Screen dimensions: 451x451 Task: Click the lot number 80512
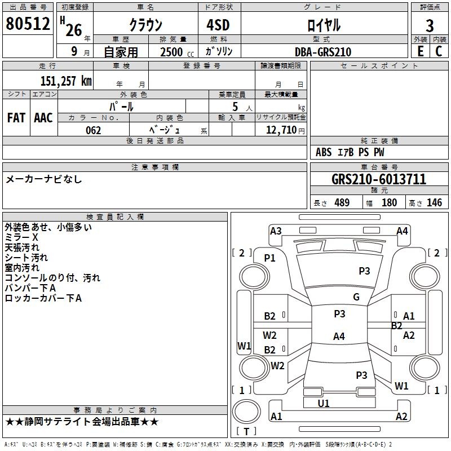pos(28,23)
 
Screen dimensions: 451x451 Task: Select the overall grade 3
pos(430,25)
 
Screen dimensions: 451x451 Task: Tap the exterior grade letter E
pos(421,51)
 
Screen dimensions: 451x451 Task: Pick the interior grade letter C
pos(439,51)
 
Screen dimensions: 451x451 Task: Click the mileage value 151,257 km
pos(66,81)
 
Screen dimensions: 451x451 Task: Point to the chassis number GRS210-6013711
pos(379,179)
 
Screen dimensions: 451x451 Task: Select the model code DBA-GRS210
pos(323,52)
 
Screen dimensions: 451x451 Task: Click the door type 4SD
pos(218,25)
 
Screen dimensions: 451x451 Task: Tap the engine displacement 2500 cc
pos(177,52)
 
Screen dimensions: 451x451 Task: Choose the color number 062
pos(94,130)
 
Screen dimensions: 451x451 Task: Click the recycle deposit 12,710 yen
pos(285,130)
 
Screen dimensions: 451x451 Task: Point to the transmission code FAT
pos(16,118)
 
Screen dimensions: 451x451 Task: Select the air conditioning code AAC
pos(43,118)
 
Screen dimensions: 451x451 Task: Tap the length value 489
pos(342,202)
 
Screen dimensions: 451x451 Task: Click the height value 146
pos(434,202)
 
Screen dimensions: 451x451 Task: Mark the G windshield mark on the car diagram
pos(356,297)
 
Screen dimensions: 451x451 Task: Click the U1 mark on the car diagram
pos(324,403)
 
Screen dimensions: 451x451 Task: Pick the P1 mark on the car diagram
pos(270,258)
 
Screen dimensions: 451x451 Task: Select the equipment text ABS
pos(324,152)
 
